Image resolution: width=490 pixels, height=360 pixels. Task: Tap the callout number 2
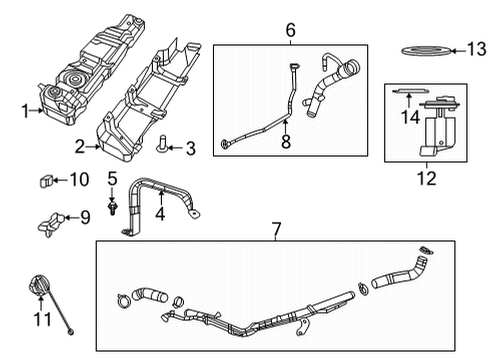click(x=80, y=146)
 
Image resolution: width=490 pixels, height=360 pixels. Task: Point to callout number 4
click(x=161, y=214)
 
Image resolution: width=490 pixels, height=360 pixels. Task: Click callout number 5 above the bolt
click(x=112, y=180)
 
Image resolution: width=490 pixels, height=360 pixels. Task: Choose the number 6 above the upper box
click(x=290, y=31)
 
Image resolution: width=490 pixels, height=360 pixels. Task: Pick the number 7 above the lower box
click(x=277, y=231)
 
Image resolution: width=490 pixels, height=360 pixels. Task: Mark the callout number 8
click(x=286, y=144)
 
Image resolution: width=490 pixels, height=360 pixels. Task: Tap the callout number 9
click(x=84, y=216)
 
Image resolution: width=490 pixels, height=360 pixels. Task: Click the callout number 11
click(x=41, y=320)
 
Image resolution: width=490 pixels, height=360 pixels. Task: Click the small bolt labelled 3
click(x=161, y=147)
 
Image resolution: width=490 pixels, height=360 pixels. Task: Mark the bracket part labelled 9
click(x=53, y=220)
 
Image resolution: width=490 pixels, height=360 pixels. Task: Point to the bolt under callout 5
click(x=114, y=206)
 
